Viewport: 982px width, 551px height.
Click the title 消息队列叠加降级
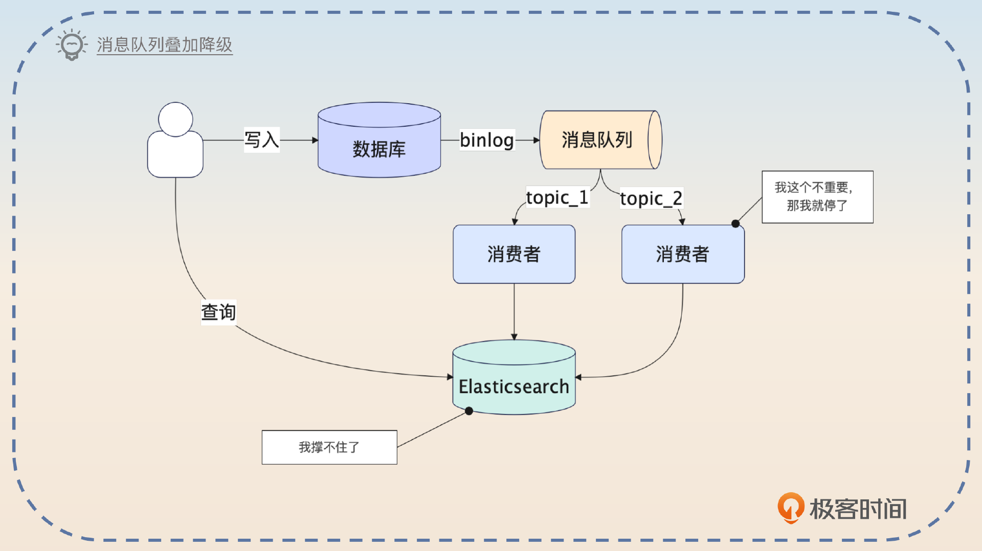point(164,44)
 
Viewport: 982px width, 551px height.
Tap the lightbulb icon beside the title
point(71,45)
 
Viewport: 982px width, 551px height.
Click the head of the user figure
point(175,119)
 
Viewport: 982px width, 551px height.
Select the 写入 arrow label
point(261,140)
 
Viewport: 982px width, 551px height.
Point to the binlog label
point(486,140)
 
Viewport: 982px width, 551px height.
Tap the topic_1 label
point(557,197)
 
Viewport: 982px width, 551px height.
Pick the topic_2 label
point(651,198)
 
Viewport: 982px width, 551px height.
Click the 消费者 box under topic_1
point(514,254)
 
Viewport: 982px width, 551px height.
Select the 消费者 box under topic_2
point(683,254)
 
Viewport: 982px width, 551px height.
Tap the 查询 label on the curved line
point(218,312)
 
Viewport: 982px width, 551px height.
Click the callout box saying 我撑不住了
point(329,447)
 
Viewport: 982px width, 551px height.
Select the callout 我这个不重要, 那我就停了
point(817,197)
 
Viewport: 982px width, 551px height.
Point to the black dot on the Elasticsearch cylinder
point(469,411)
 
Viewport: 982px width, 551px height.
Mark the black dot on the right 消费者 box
point(735,223)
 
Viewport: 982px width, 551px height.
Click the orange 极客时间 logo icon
point(791,507)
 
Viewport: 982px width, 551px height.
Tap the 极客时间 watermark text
point(858,509)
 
